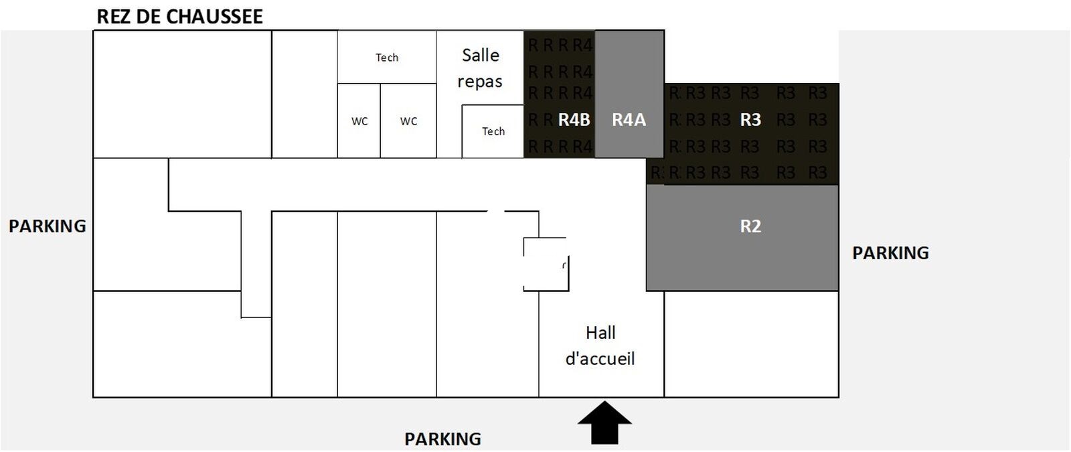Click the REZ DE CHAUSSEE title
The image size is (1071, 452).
point(179,16)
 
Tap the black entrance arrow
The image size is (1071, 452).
point(604,423)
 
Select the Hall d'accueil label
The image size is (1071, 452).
point(600,346)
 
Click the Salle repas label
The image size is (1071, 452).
point(480,68)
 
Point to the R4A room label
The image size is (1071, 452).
point(629,120)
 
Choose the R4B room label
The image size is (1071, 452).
point(574,120)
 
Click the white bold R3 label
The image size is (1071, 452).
point(750,120)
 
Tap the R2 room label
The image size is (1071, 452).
point(750,226)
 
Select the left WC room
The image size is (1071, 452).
point(359,121)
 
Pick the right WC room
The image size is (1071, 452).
point(408,121)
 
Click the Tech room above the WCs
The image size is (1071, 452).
point(387,58)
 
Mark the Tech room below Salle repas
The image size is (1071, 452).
point(493,131)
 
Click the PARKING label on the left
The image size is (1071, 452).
point(48,226)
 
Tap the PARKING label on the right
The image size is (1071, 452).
point(890,253)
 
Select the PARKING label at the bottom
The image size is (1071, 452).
point(442,439)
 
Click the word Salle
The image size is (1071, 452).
point(481,55)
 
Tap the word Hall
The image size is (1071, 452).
point(600,333)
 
